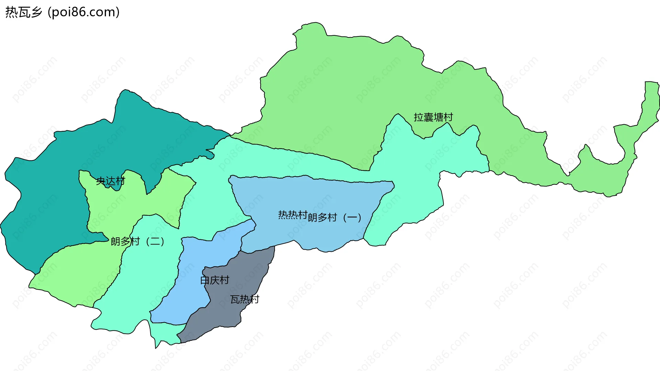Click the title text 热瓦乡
23,12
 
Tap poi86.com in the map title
84,12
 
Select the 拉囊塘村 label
433,117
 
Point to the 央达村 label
110,181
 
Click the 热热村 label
293,215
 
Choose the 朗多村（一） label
334,218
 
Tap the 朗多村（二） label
137,241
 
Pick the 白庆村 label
214,280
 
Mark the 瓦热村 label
244,300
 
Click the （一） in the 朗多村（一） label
352,218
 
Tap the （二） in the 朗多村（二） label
155,241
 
